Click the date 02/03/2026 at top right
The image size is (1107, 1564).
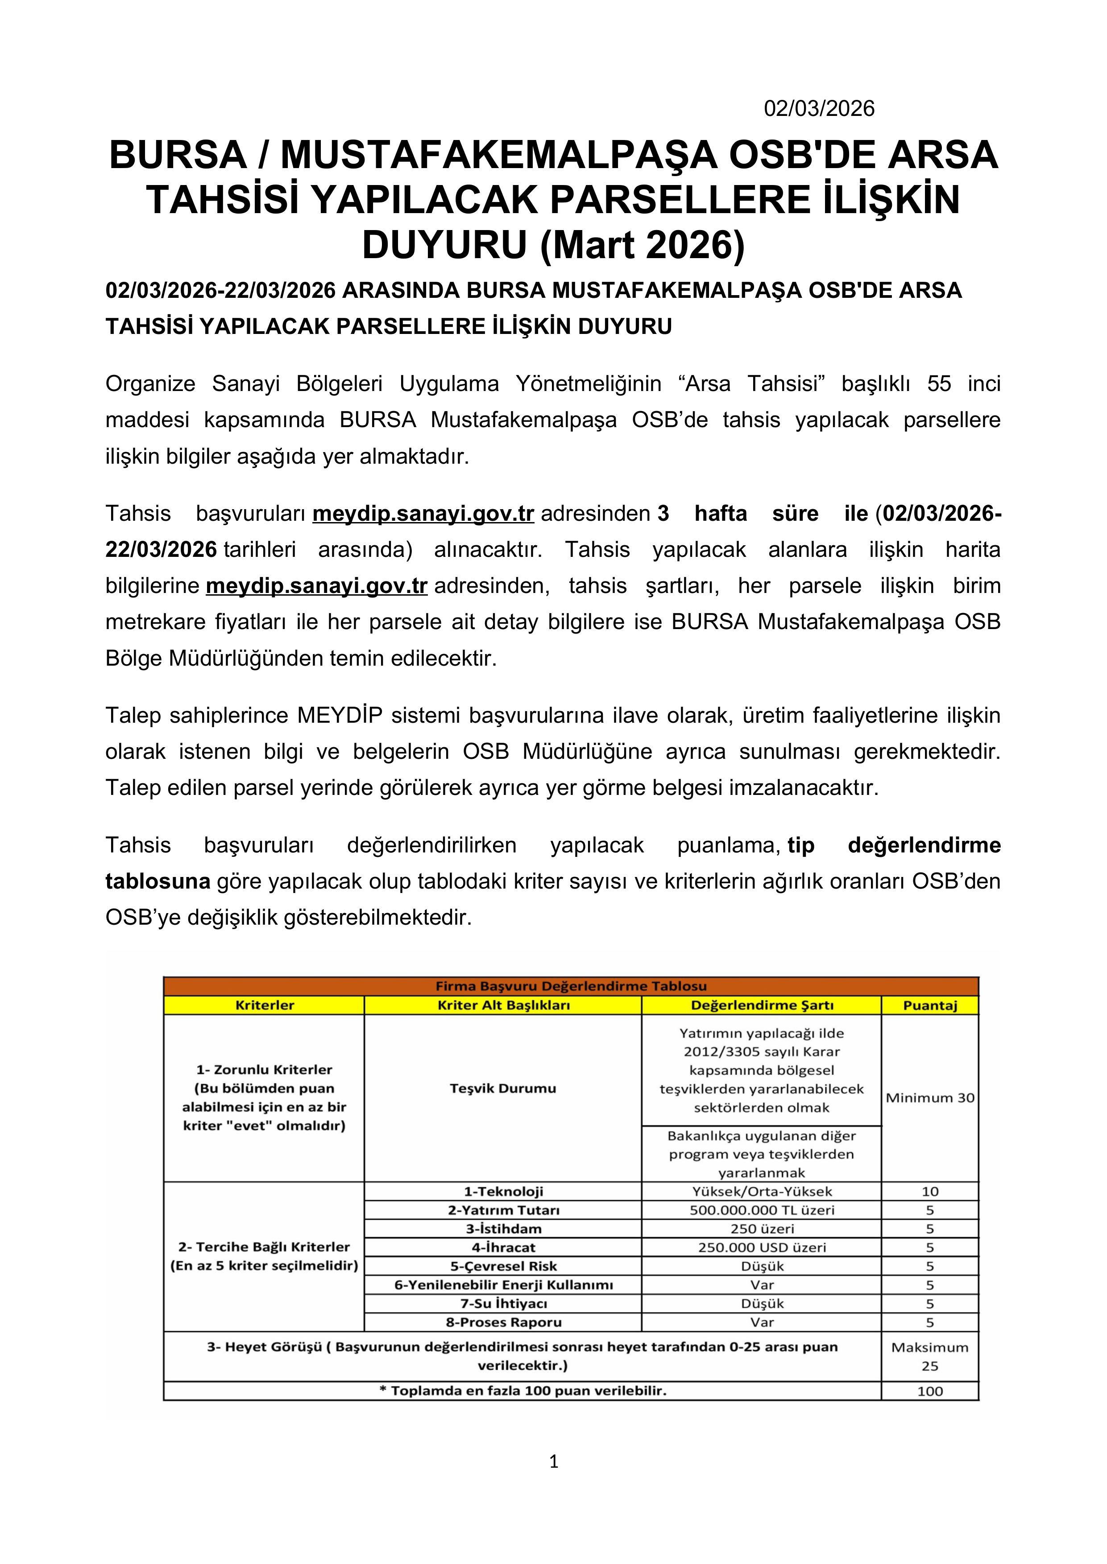[819, 109]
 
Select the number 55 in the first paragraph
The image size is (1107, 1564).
[939, 384]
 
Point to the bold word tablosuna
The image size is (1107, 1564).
[158, 881]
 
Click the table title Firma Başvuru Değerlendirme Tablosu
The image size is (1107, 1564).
[571, 986]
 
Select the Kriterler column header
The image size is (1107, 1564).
[265, 1005]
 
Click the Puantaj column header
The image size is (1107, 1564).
[930, 1005]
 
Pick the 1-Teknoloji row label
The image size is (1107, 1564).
[503, 1191]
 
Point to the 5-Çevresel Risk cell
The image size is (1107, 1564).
[503, 1266]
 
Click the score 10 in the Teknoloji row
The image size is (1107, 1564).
[930, 1191]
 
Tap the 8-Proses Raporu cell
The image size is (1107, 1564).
[503, 1322]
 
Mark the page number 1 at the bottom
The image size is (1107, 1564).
[553, 1461]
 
